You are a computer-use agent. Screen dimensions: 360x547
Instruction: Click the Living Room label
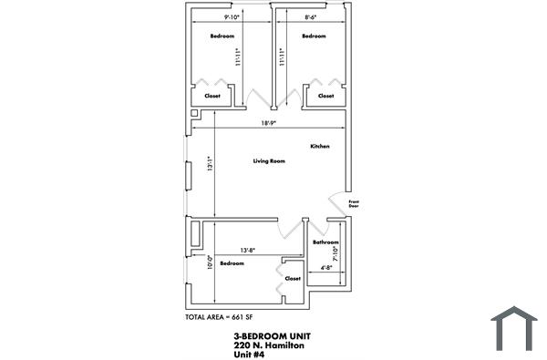pyautogui.click(x=269, y=161)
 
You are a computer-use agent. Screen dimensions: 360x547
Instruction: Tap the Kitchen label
pyautogui.click(x=319, y=146)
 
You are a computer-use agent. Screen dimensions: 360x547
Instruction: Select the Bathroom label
pyautogui.click(x=325, y=242)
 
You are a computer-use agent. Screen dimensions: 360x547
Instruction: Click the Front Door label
pyautogui.click(x=354, y=203)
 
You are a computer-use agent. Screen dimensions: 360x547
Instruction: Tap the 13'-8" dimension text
pyautogui.click(x=247, y=250)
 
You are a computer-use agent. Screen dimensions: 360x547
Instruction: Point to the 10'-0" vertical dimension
pyautogui.click(x=211, y=262)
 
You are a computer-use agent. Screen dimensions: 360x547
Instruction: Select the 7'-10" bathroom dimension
pyautogui.click(x=336, y=254)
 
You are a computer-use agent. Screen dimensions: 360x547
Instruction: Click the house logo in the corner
pyautogui.click(x=514, y=330)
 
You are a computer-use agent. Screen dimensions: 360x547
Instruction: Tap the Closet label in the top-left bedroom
pyautogui.click(x=212, y=96)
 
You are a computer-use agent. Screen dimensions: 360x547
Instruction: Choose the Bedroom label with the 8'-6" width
pyautogui.click(x=314, y=36)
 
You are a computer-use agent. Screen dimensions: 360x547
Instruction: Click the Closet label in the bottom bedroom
pyautogui.click(x=293, y=278)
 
